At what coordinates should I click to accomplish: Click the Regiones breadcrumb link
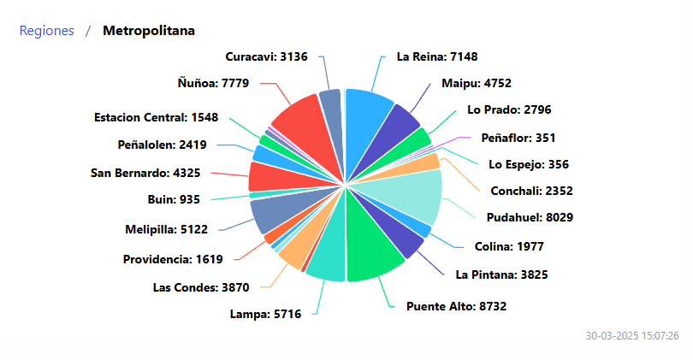pos(46,31)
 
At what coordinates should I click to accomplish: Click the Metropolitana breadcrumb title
pos(148,31)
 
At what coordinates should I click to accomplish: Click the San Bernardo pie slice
pos(274,176)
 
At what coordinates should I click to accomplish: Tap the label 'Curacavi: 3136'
pos(266,56)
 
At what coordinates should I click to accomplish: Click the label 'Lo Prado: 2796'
pos(508,109)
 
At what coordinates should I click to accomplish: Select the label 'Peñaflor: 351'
pos(518,137)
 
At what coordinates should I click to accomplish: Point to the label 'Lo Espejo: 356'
pos(529,164)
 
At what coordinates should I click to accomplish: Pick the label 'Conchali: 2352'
pos(531,191)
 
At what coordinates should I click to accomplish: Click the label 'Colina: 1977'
pos(509,247)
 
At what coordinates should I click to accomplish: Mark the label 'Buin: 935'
pos(174,200)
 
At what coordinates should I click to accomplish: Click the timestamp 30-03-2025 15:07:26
pos(632,335)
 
